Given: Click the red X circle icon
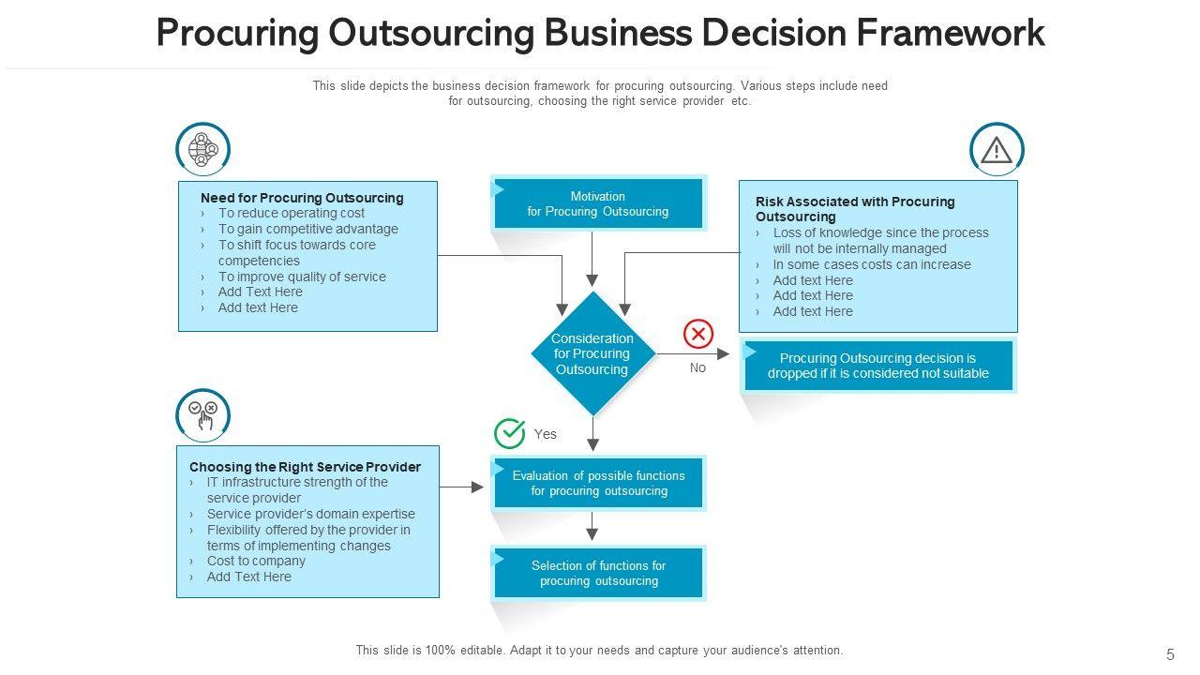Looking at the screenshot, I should (698, 334).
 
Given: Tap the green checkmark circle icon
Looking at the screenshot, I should (510, 433).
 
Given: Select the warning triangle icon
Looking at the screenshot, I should (997, 150).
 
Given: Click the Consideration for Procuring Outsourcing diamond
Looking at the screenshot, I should (592, 353).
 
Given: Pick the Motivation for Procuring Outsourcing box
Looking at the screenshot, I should (598, 203).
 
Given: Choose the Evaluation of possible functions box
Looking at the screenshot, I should (598, 483).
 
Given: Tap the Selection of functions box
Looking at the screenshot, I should (598, 573).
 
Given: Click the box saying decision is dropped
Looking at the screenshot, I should (878, 366).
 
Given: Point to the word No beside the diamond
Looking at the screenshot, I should (697, 368).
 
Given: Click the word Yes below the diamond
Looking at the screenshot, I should (546, 434).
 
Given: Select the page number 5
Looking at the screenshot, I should (1170, 655).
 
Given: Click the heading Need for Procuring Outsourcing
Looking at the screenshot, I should (302, 198).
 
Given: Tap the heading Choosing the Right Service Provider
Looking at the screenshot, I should (305, 467).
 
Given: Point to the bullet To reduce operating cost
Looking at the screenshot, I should (292, 213).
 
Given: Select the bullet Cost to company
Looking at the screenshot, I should (256, 561).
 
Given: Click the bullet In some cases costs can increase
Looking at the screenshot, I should (872, 264).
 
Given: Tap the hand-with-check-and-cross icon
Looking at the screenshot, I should (203, 415).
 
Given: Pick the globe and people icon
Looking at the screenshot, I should (202, 149).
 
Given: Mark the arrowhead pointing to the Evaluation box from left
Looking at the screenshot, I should (477, 487).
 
